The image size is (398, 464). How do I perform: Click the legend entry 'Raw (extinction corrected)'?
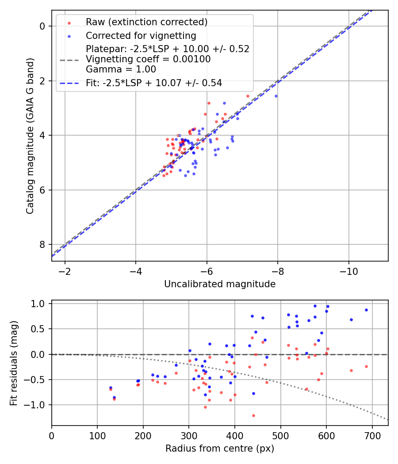(146, 22)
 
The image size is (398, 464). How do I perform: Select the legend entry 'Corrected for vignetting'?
(141, 35)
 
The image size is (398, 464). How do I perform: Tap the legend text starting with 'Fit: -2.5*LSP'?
(154, 83)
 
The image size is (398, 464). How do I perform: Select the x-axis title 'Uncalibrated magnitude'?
(220, 284)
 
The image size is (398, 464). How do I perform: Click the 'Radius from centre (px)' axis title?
(220, 449)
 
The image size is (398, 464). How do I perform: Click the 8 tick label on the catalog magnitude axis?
(42, 244)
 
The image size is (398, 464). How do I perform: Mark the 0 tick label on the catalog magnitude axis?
(42, 26)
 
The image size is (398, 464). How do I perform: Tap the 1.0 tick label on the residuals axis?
(39, 304)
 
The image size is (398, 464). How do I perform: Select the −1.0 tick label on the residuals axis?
(37, 405)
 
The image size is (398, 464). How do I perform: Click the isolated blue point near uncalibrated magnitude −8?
(276, 96)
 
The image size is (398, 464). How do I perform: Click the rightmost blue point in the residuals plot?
(366, 310)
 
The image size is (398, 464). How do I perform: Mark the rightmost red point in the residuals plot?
(366, 366)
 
